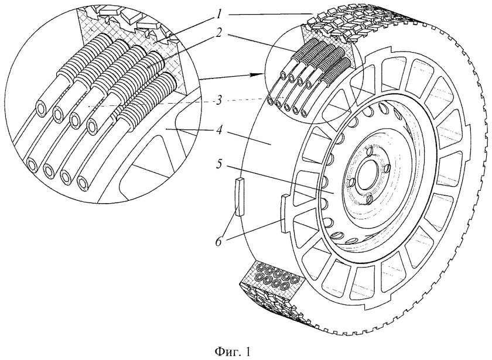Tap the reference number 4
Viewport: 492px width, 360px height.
coord(219,129)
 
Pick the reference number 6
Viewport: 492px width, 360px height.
coord(219,241)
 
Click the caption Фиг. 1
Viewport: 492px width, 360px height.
coord(233,351)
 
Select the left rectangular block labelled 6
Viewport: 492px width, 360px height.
coord(240,197)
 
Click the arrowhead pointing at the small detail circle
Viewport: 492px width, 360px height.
coord(257,74)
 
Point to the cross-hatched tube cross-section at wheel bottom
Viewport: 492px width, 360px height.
coord(273,276)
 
